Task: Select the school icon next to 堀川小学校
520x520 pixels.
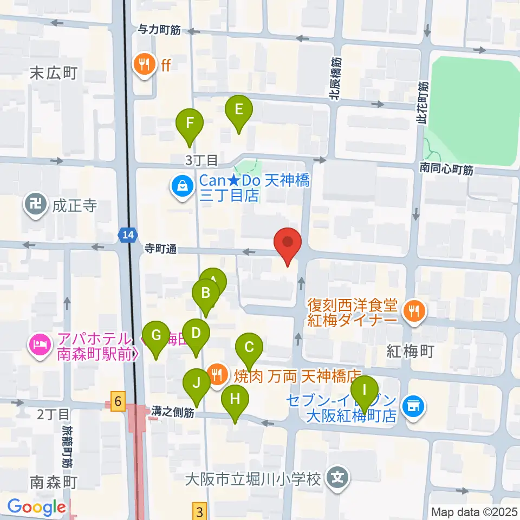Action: (x=338, y=479)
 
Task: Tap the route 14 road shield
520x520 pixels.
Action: (x=126, y=235)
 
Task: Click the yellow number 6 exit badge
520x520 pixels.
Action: (x=117, y=401)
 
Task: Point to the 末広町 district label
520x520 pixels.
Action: (x=54, y=73)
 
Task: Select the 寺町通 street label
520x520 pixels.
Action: (x=160, y=249)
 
